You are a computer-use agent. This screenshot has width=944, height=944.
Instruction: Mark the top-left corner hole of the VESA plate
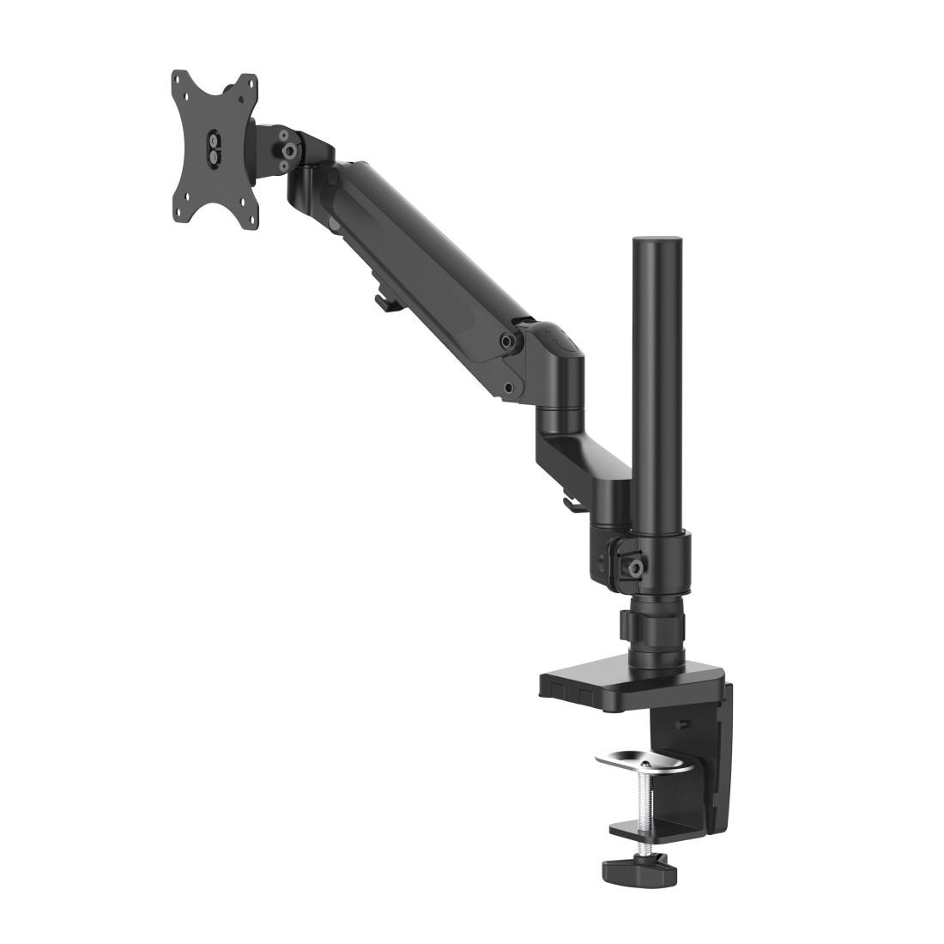(x=179, y=84)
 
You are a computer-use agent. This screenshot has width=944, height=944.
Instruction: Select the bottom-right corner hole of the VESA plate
(x=243, y=203)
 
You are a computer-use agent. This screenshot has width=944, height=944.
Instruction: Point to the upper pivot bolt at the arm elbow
(x=509, y=341)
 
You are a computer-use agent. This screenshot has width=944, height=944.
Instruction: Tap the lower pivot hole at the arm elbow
(x=511, y=387)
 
